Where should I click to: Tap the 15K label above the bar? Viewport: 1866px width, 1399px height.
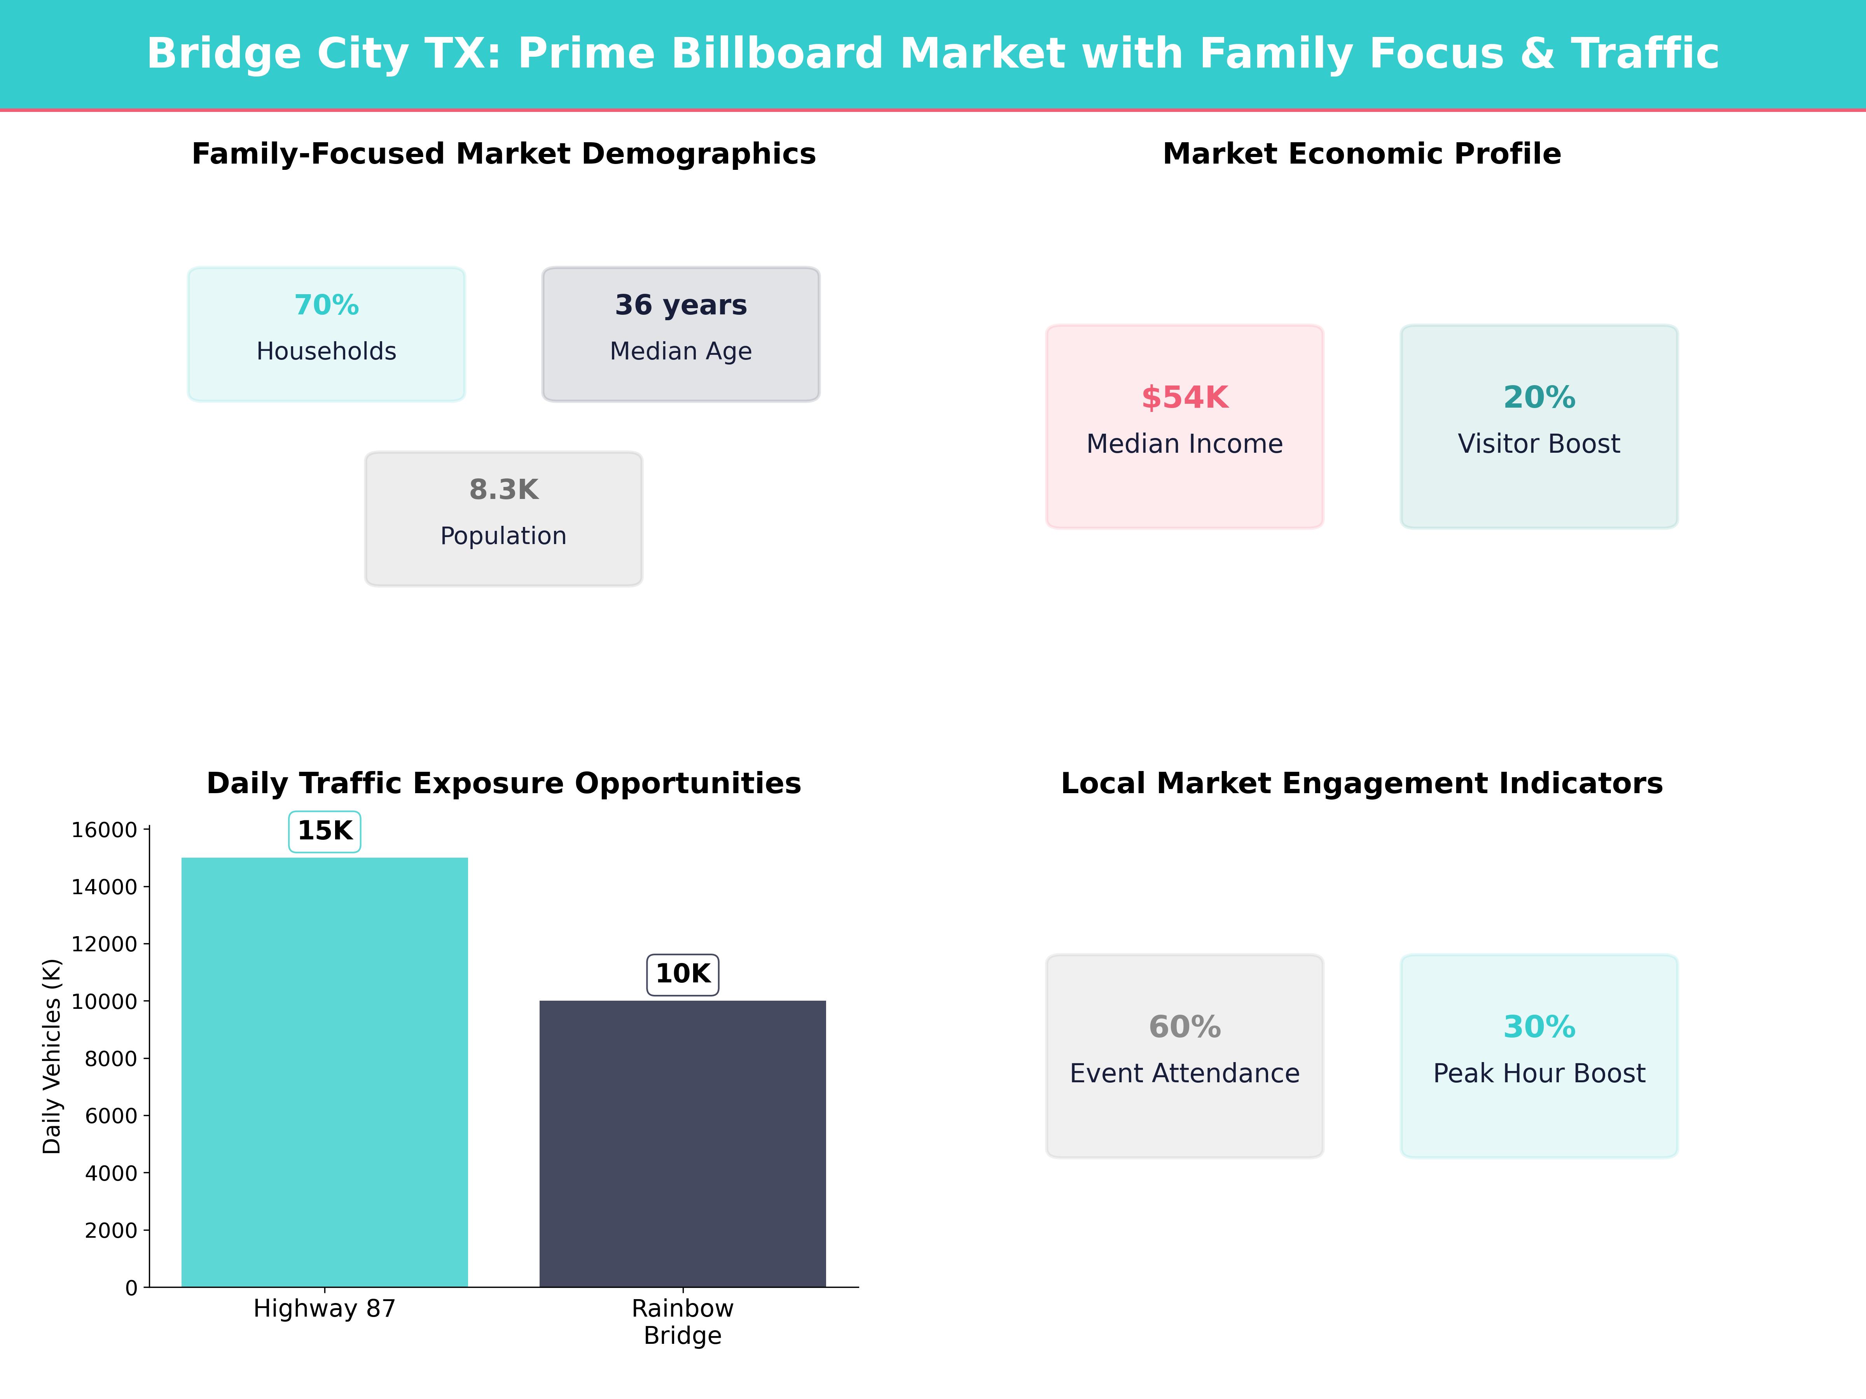tap(325, 830)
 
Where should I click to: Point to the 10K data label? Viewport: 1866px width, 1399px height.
tap(683, 974)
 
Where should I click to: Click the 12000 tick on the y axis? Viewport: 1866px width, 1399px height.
tap(104, 944)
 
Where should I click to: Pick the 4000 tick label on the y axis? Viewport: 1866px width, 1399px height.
tap(110, 1173)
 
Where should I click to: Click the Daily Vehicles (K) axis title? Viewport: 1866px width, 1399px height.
tap(52, 1056)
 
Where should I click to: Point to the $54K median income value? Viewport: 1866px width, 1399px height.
tap(1185, 397)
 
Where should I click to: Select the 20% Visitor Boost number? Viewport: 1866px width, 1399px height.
tap(1539, 397)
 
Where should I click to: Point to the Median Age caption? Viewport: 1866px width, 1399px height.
tap(681, 351)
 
